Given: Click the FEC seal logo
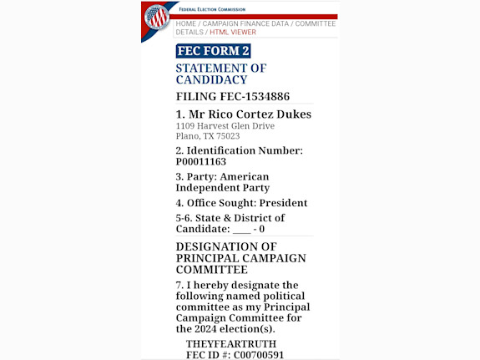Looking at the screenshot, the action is click(156, 17).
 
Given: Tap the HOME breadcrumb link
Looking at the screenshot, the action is click(185, 23).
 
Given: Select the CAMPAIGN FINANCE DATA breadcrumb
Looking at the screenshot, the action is click(245, 23).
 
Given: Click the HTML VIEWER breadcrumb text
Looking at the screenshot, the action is click(233, 33).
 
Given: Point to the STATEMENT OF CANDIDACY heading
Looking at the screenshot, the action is click(220, 74).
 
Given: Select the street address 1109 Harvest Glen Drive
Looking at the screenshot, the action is click(225, 126).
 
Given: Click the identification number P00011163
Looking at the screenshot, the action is click(200, 162).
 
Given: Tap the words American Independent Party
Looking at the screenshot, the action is click(222, 182).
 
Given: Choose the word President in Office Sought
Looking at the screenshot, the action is click(283, 203).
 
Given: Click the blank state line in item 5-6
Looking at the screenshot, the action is click(241, 229).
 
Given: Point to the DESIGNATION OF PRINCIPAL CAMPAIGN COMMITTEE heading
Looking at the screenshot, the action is click(240, 258).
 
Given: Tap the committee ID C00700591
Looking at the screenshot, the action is click(258, 355).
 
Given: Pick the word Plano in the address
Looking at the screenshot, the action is click(187, 136).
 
